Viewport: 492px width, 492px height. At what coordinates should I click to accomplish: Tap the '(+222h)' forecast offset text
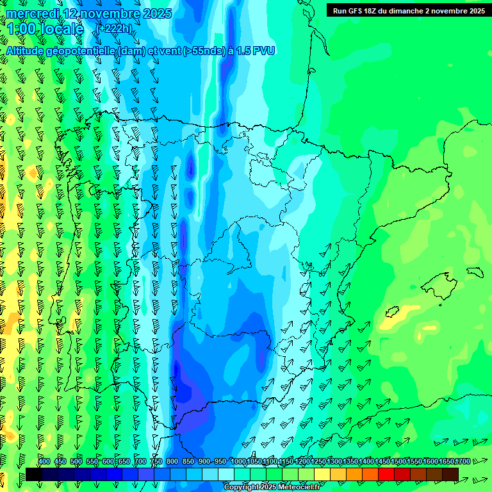(115, 28)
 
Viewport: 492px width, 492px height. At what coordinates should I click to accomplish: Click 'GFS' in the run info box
(357, 11)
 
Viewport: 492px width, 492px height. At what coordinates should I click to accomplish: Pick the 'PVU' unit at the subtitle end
(263, 51)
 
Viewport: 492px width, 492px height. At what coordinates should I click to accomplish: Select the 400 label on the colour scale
(44, 462)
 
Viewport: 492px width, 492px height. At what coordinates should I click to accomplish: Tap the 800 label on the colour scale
(172, 462)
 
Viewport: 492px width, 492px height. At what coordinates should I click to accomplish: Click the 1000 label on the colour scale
(238, 462)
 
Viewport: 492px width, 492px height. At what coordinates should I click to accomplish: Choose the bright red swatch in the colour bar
(386, 475)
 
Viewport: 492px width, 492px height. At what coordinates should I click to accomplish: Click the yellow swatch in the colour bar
(322, 475)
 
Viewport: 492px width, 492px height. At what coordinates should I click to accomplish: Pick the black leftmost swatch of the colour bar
(34, 475)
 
